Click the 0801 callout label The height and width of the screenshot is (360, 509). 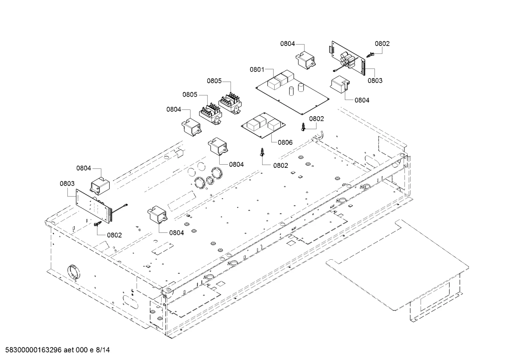257,70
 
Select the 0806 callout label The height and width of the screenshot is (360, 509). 285,143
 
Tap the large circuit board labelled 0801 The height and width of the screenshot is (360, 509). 293,92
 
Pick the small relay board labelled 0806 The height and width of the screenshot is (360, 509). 263,125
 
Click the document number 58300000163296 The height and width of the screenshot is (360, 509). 33,350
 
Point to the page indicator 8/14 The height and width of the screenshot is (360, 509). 103,350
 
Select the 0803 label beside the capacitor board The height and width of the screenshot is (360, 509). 375,81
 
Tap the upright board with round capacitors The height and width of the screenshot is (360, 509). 347,58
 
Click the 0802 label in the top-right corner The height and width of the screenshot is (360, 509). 382,44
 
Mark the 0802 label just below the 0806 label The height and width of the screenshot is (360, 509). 281,166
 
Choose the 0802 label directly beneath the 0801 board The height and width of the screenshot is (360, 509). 317,119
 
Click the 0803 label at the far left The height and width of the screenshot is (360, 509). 67,183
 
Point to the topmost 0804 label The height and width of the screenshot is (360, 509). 287,44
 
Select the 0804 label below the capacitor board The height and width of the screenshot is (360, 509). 362,100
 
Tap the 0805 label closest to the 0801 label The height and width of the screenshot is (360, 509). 214,81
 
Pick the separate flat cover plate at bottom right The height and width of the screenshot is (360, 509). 397,265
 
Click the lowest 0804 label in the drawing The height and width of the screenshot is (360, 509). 176,233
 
